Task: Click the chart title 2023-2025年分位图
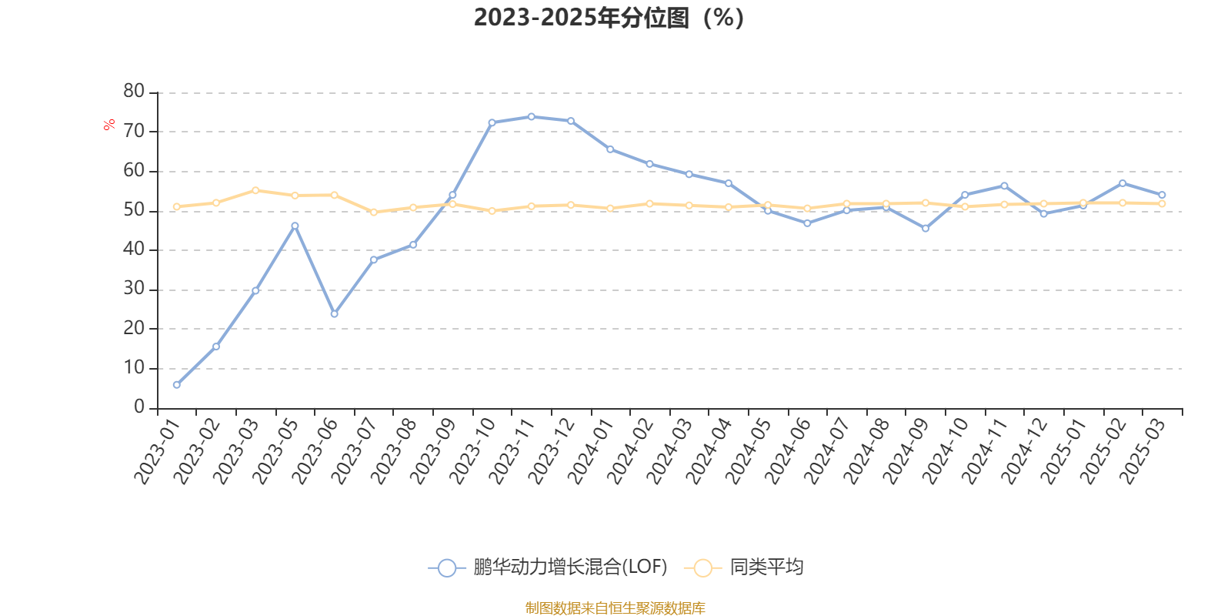(x=608, y=18)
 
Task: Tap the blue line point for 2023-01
(x=177, y=384)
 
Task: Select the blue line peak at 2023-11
(x=532, y=116)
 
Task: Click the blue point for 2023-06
(x=334, y=314)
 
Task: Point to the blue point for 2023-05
(x=295, y=226)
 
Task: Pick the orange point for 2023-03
(x=255, y=190)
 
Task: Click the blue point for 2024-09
(x=926, y=229)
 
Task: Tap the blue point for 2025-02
(x=1123, y=183)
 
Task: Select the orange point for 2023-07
(x=374, y=212)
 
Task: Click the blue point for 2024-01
(x=610, y=149)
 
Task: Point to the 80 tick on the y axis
(x=134, y=92)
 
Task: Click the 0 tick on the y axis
(x=139, y=407)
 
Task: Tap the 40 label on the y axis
(x=134, y=249)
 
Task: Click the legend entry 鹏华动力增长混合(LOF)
(x=548, y=568)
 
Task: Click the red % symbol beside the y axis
(x=110, y=125)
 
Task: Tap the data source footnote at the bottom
(x=615, y=608)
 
